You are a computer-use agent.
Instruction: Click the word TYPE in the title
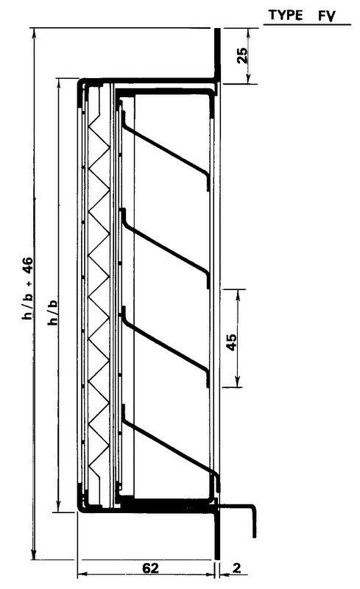click(x=286, y=15)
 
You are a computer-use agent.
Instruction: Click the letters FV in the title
click(x=327, y=16)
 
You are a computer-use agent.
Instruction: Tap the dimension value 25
click(x=243, y=55)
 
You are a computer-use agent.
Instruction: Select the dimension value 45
click(x=232, y=342)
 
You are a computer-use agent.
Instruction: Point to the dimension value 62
click(x=150, y=568)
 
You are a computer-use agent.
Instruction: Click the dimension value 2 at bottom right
click(x=236, y=568)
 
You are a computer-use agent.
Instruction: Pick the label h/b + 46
click(x=28, y=289)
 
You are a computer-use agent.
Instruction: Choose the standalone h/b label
click(x=53, y=311)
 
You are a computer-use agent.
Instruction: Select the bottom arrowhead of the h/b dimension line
click(x=58, y=507)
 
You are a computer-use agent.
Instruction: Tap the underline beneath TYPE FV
click(x=307, y=25)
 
